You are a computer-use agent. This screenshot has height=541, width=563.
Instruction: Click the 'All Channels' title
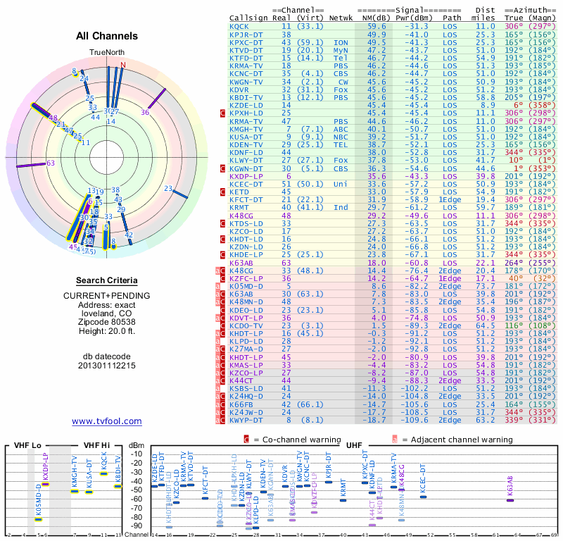pyautogui.click(x=106, y=36)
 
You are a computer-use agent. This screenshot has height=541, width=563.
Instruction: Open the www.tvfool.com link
pyautogui.click(x=106, y=421)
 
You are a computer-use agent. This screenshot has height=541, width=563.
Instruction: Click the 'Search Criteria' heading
pyautogui.click(x=106, y=280)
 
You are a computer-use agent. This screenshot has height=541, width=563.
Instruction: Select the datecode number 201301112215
pyautogui.click(x=106, y=366)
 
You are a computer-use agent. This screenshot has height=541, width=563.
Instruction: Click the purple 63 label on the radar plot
pyautogui.click(x=50, y=163)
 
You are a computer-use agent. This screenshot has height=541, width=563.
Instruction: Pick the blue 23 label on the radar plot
pyautogui.click(x=168, y=188)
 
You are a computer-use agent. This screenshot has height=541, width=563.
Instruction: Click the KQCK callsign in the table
pyautogui.click(x=239, y=26)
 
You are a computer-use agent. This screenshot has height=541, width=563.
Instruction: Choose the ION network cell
pyautogui.click(x=341, y=42)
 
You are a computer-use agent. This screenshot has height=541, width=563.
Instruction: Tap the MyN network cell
pyautogui.click(x=341, y=50)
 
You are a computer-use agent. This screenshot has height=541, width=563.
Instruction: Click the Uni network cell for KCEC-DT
pyautogui.click(x=341, y=184)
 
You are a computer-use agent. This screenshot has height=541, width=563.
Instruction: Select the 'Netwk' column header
pyautogui.click(x=341, y=18)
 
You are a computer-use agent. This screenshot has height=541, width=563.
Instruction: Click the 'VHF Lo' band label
pyautogui.click(x=27, y=445)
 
